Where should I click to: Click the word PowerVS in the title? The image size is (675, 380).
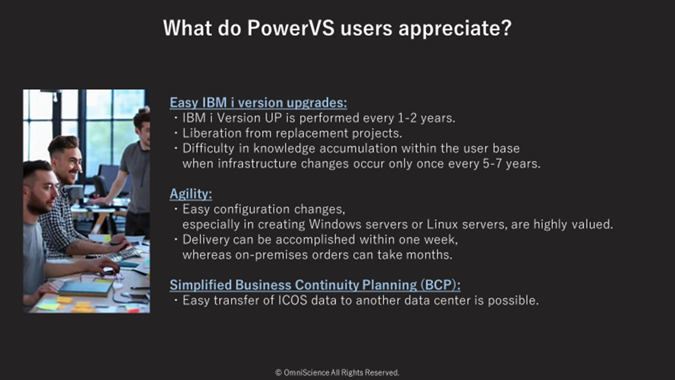(290, 28)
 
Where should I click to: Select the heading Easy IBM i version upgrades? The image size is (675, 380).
(259, 103)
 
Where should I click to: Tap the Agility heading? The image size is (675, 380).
(191, 194)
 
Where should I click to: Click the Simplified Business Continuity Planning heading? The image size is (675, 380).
(315, 285)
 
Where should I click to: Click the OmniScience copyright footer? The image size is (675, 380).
(337, 373)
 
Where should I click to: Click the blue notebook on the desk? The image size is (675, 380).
(86, 288)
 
